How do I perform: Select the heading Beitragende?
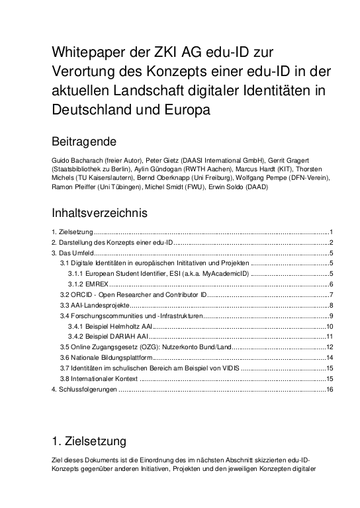(84, 141)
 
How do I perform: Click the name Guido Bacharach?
(75, 159)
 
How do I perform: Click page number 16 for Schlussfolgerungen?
(328, 390)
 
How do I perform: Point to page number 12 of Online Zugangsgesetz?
(328, 347)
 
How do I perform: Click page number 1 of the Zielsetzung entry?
(330, 232)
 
